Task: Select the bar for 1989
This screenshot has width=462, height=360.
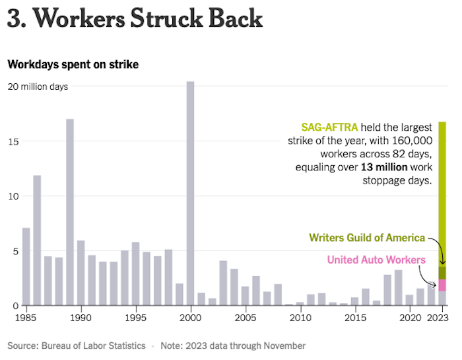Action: click(x=70, y=211)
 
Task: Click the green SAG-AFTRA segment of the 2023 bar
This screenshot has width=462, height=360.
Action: click(x=442, y=192)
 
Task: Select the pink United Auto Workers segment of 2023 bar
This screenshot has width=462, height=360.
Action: click(x=442, y=285)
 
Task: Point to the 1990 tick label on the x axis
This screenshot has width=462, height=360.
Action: click(x=81, y=317)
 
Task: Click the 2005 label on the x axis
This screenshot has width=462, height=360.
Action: click(x=245, y=317)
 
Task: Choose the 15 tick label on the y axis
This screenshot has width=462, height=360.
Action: click(x=13, y=141)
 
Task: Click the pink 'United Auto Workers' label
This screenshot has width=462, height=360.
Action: click(x=376, y=260)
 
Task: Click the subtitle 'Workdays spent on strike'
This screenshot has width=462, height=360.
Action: click(x=73, y=65)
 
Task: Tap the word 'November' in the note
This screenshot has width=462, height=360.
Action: click(x=283, y=345)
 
